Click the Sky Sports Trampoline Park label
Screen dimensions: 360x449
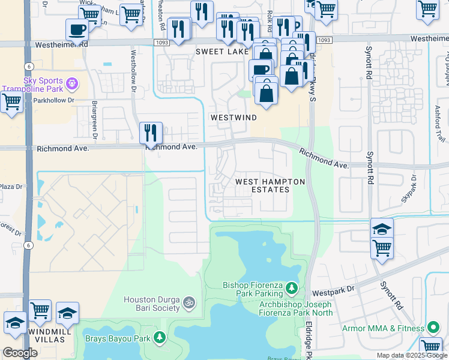pos(37,85)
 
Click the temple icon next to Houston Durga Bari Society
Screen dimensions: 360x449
pos(189,301)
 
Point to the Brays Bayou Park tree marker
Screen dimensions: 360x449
pos(160,337)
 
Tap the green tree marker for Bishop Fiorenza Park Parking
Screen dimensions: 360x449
pos(291,289)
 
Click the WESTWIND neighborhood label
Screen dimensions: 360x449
pos(234,118)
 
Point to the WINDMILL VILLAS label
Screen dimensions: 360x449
pos(45,336)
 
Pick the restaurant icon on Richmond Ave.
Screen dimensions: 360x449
pos(151,133)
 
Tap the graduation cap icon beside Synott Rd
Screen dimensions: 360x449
pos(382,229)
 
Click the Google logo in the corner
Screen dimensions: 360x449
pos(19,353)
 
